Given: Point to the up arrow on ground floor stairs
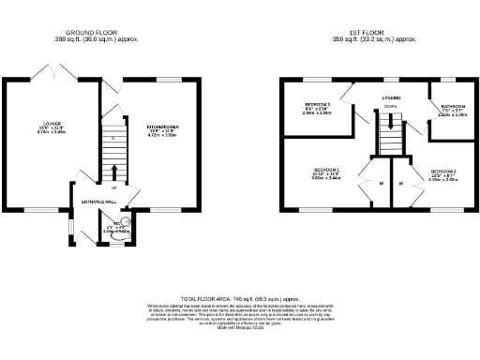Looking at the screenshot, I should (x=114, y=172).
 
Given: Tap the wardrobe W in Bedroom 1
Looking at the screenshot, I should (x=381, y=184).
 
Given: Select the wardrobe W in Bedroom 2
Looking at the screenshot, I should (x=400, y=184).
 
